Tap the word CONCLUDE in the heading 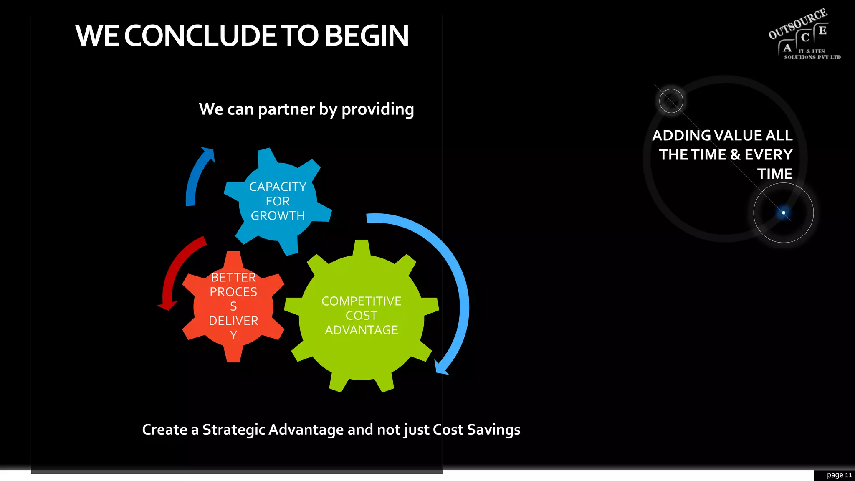200,36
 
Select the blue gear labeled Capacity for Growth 278,201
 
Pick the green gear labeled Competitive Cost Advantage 361,316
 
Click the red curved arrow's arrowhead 167,306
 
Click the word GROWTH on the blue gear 278,216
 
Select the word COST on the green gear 361,316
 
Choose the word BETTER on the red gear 233,277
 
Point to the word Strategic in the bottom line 233,430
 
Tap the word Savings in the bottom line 493,430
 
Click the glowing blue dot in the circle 783,213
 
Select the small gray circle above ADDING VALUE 671,101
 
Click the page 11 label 839,475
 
